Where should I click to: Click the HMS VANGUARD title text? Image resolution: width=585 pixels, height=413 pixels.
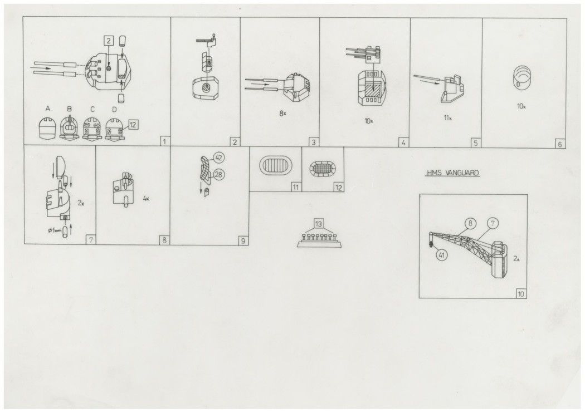[453, 173]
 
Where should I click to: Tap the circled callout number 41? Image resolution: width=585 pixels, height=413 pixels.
[442, 255]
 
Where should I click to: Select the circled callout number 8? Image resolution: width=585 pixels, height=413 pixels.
[471, 224]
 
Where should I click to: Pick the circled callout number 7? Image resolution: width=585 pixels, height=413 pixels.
[493, 224]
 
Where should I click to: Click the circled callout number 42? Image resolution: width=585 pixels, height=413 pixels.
[219, 158]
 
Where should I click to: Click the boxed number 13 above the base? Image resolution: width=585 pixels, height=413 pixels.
[319, 224]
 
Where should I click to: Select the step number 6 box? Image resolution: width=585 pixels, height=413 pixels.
[559, 144]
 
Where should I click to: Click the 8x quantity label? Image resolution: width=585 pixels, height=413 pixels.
[283, 114]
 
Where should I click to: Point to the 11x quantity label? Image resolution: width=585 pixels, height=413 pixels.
[448, 118]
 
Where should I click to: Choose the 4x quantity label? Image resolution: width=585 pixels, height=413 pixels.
[146, 199]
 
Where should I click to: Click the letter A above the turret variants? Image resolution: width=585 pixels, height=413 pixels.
[47, 109]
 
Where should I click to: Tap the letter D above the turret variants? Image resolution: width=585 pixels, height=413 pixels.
[114, 109]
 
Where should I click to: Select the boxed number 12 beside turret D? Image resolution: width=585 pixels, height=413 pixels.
[133, 125]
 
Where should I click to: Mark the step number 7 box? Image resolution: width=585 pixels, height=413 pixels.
[91, 240]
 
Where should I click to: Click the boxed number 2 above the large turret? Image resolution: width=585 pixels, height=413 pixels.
[108, 41]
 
